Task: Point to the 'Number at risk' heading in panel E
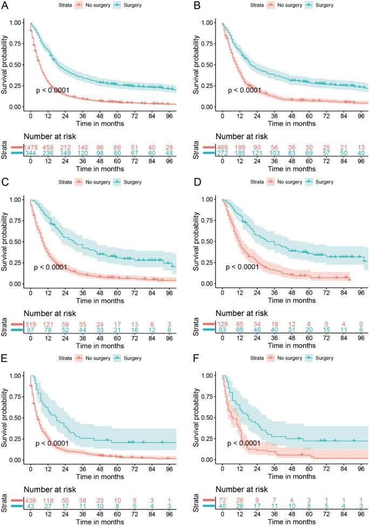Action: click(x=54, y=489)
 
